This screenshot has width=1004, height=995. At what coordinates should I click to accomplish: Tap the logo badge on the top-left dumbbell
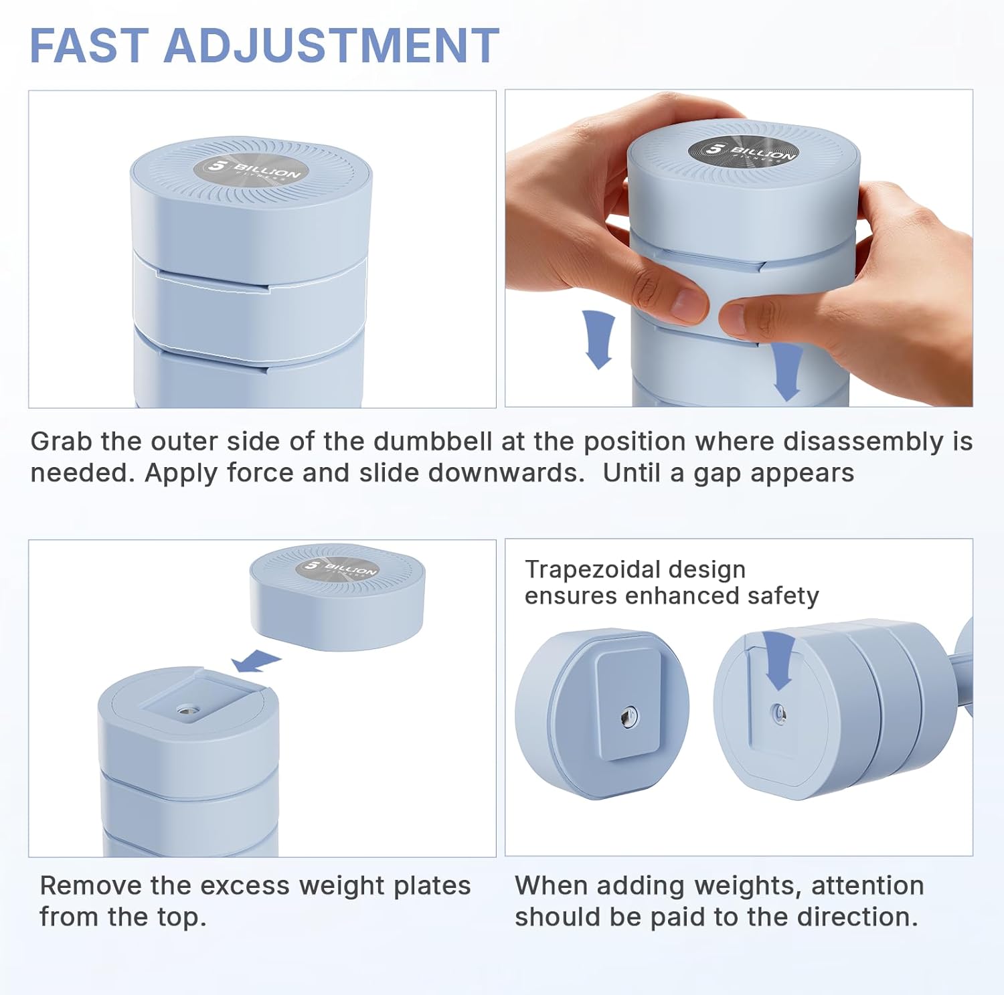250,169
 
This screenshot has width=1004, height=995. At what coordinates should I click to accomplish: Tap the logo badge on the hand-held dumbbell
743,151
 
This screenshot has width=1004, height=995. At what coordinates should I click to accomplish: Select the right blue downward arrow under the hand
787,371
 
